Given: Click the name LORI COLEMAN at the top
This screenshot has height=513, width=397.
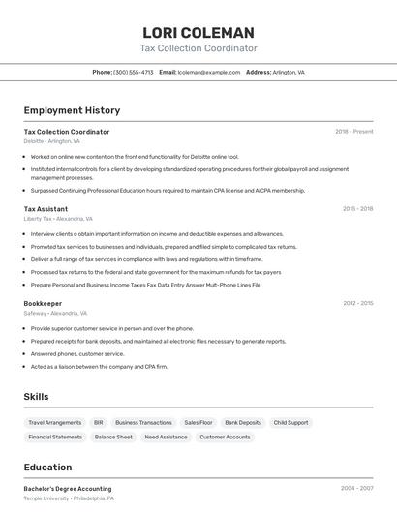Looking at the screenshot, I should point(198,32).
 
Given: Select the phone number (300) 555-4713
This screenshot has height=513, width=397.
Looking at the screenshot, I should point(133,72).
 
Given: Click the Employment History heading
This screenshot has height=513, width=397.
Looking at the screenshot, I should point(72,110).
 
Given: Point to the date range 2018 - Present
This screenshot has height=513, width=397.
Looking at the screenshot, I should point(353,131).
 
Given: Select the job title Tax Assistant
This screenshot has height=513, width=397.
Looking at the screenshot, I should point(46,208).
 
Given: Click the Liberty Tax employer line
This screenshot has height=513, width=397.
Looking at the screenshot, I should point(58,219).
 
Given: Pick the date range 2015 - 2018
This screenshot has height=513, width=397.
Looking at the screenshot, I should point(357,208).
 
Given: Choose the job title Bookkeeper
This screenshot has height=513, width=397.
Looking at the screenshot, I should point(43,303).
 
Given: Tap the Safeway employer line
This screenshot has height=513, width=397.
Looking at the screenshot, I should point(55,314).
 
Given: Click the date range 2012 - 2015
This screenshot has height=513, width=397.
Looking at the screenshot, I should point(357,303).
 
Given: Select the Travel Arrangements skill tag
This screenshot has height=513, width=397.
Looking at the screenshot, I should point(54,423).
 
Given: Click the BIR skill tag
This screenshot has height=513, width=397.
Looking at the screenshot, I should point(98,423).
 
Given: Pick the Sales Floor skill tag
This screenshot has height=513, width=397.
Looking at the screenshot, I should point(198,423).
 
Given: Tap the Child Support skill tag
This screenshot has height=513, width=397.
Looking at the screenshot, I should point(290,423).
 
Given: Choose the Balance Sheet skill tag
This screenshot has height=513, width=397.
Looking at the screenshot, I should point(113,437).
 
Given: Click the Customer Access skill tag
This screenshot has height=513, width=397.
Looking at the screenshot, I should point(224,437).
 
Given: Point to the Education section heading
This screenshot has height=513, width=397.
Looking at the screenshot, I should point(47,468).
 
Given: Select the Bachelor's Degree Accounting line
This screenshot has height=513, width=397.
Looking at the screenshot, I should point(67,489).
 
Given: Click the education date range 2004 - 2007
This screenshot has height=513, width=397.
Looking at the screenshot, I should point(357,489).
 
